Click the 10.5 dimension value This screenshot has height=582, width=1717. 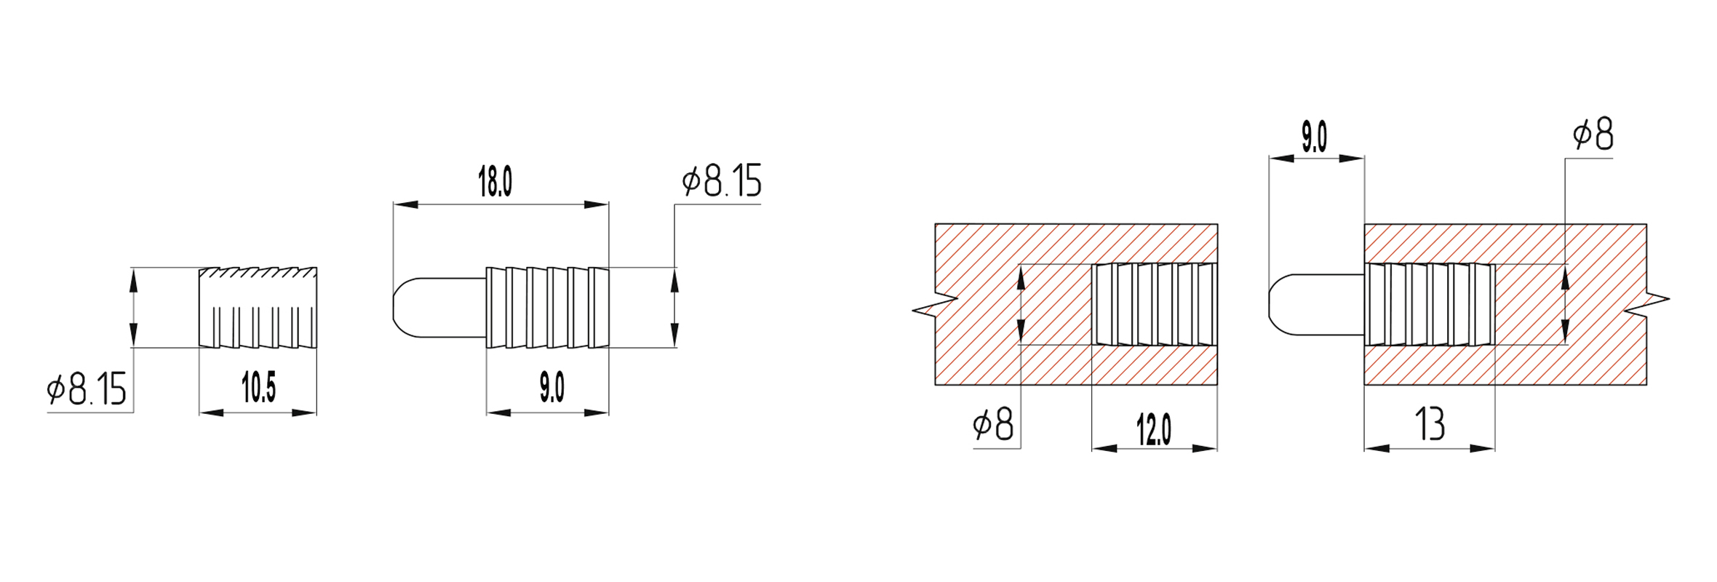258,387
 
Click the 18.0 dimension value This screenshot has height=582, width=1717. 495,182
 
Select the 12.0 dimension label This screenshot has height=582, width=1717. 1154,429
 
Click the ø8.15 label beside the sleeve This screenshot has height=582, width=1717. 87,389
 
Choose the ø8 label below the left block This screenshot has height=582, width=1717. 993,424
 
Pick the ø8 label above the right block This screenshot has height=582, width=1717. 1593,135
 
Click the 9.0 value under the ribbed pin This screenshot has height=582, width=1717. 551,387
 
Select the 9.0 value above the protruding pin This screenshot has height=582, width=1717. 1314,137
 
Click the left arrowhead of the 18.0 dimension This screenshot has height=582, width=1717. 405,204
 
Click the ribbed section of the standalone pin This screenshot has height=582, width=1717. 547,307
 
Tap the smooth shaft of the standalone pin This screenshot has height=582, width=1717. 451,307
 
